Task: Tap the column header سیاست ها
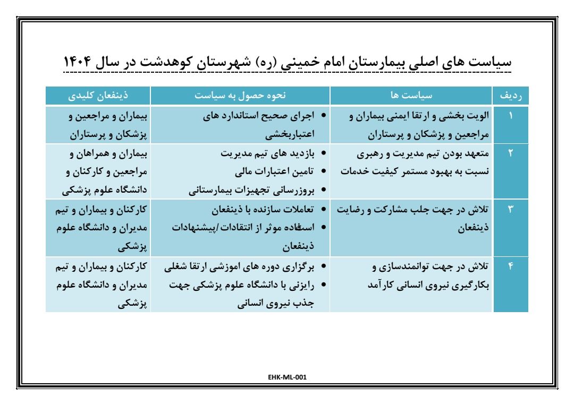(411, 96)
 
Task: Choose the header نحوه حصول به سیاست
(240, 96)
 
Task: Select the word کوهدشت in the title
(195, 60)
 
